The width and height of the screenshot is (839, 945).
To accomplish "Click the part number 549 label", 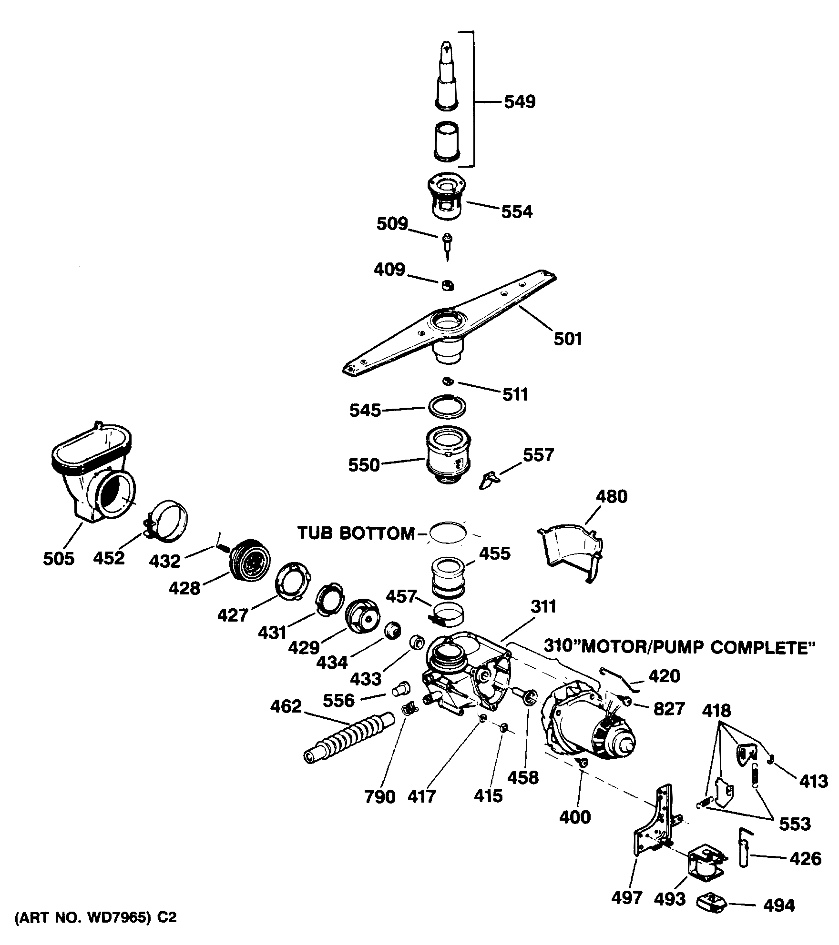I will (520, 102).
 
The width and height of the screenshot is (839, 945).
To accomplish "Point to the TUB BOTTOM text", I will (357, 533).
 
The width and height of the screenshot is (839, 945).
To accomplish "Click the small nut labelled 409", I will (447, 285).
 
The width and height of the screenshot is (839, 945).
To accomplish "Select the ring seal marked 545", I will (447, 406).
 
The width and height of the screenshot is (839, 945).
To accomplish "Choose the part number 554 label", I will (517, 211).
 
